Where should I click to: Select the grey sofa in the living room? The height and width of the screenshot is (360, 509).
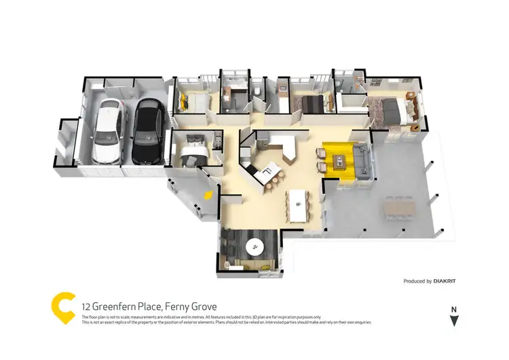pyautogui.click(x=361, y=161)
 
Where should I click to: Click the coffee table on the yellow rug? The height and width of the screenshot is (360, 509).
pyautogui.click(x=337, y=160)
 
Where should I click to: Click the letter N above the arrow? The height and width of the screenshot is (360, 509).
pyautogui.click(x=454, y=309)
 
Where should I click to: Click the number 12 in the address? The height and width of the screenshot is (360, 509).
pyautogui.click(x=88, y=306)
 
